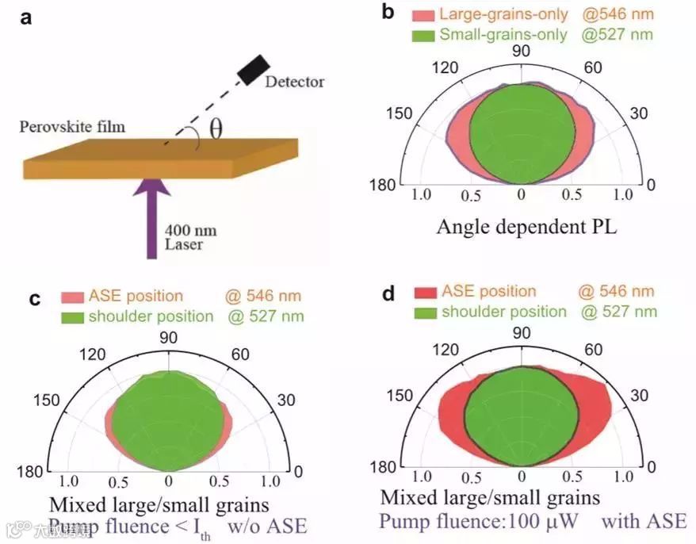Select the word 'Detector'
click(295, 82)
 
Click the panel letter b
click(388, 13)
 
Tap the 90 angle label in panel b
click(521, 52)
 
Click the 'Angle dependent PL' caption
click(527, 227)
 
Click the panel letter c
click(35, 299)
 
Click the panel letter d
click(388, 294)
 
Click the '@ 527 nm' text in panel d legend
click(618, 312)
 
